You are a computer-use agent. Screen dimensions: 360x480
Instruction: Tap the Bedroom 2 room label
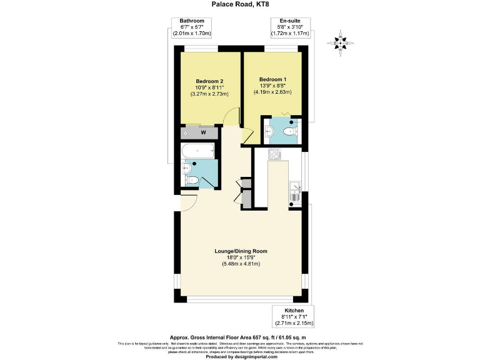point(209,81)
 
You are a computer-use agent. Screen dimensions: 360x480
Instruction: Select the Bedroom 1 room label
point(272,79)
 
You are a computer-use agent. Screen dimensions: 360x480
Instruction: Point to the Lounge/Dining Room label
point(240,251)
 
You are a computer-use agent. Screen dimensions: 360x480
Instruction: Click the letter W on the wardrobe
point(203,132)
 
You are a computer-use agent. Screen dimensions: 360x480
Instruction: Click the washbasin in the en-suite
point(269,131)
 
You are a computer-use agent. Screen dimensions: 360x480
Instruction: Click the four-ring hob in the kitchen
point(275,154)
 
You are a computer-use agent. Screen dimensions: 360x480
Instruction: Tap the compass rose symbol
point(341,43)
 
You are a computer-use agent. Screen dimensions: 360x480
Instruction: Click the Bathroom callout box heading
point(192,21)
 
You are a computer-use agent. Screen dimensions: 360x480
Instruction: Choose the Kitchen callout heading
point(294,311)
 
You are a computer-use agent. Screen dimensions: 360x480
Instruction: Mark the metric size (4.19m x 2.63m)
point(272,92)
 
